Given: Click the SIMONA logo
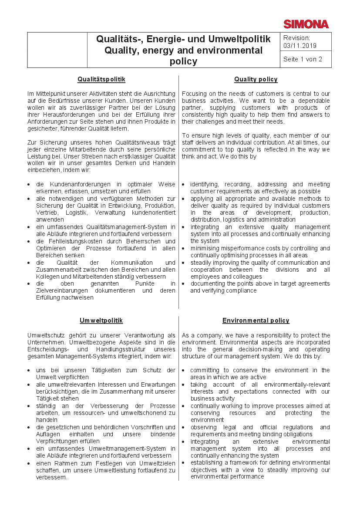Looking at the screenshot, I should (x=306, y=24).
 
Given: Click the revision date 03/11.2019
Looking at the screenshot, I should (x=300, y=45).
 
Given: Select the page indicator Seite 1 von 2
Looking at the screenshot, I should (x=303, y=59).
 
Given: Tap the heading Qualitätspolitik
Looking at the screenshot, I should (x=101, y=79).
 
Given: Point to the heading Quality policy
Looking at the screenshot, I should (x=256, y=79).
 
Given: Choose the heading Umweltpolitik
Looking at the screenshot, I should (x=101, y=320).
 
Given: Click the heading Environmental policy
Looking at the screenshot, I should (x=256, y=320).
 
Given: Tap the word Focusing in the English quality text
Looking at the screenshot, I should (x=195, y=94).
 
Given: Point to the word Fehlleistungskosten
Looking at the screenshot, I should (x=66, y=241).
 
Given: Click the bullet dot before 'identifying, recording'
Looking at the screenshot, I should (x=184, y=185).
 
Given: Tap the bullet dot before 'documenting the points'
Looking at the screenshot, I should (x=184, y=284).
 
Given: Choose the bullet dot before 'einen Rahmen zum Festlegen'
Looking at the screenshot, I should (x=29, y=463).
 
